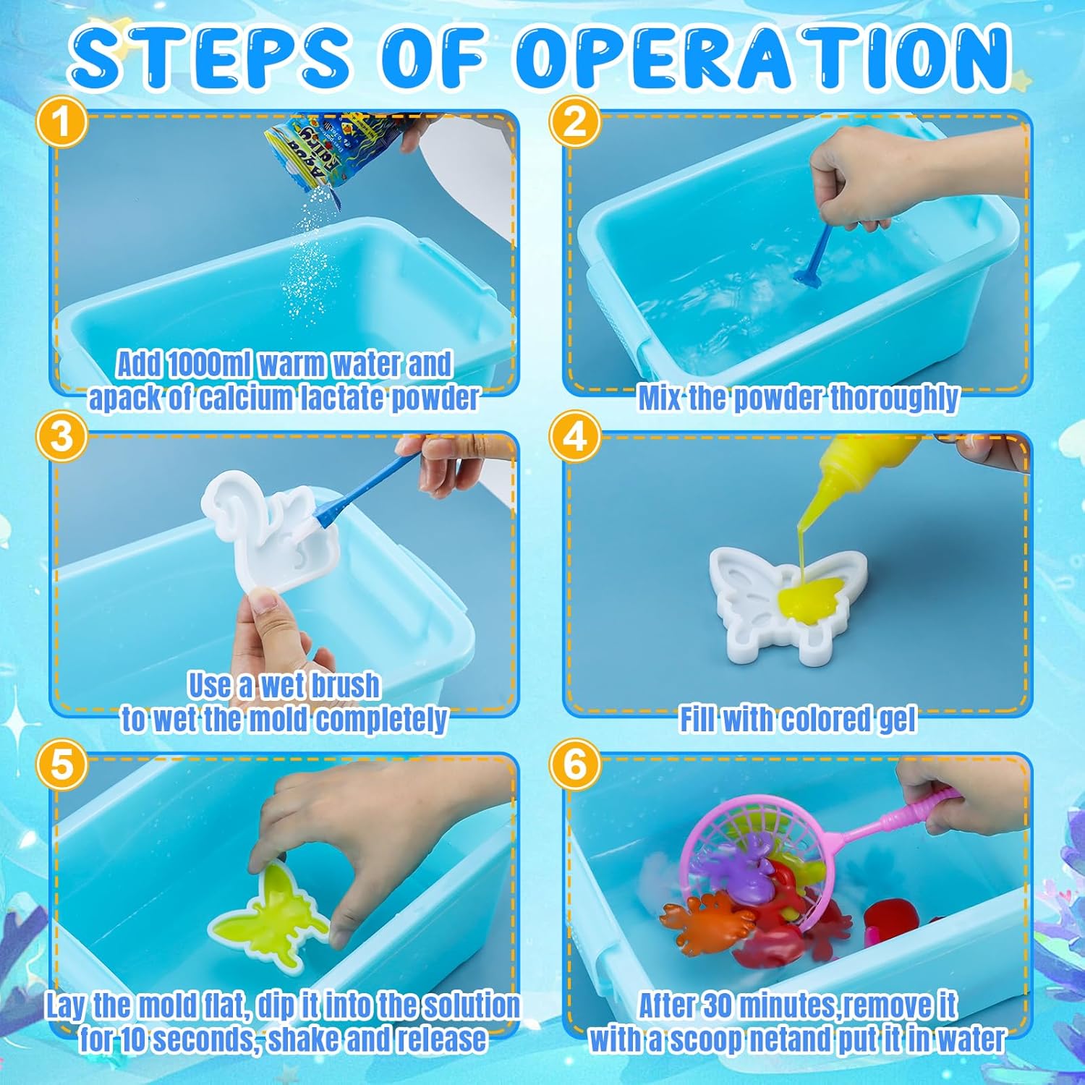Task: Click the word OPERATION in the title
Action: (x=763, y=56)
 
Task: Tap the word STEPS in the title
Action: (x=210, y=56)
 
